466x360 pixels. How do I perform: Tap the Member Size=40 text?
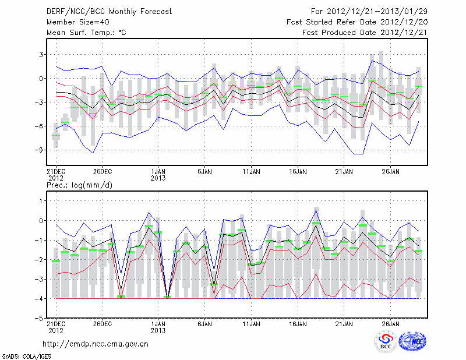[x=76, y=22]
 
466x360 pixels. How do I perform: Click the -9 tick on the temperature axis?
[x=35, y=150]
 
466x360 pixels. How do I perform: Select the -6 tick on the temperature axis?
[x=35, y=126]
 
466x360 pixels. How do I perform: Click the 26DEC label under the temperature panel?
[x=102, y=172]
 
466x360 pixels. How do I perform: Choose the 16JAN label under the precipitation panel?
[x=298, y=323]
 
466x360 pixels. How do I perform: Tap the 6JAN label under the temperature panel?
[x=204, y=172]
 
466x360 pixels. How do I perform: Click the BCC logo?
[x=386, y=341]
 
